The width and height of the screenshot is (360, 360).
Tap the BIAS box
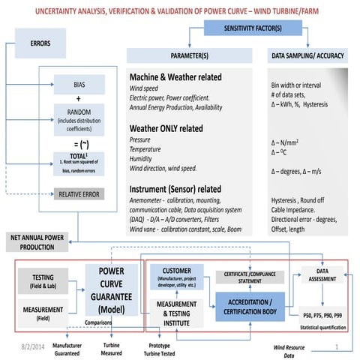[85, 84]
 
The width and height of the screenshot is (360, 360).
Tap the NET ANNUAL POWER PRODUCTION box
[43, 241]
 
